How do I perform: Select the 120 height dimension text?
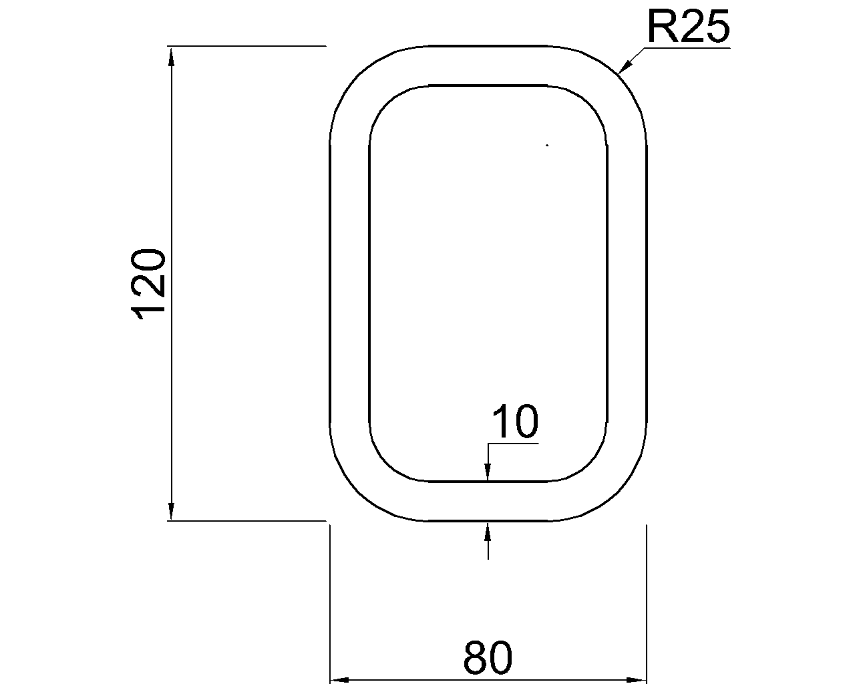tap(148, 284)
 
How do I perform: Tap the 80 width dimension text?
tap(488, 658)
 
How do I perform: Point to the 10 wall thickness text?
tap(514, 422)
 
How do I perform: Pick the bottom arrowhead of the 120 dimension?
tap(172, 511)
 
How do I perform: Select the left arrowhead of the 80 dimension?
tap(341, 680)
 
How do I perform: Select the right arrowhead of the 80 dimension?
tap(638, 680)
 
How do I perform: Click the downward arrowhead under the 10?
tap(488, 473)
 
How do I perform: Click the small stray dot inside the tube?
tap(547, 145)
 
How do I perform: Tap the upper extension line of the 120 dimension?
tap(247, 46)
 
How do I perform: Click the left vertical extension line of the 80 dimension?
tap(331, 601)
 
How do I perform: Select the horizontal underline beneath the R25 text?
tap(688, 47)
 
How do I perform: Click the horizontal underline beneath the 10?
tap(513, 443)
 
